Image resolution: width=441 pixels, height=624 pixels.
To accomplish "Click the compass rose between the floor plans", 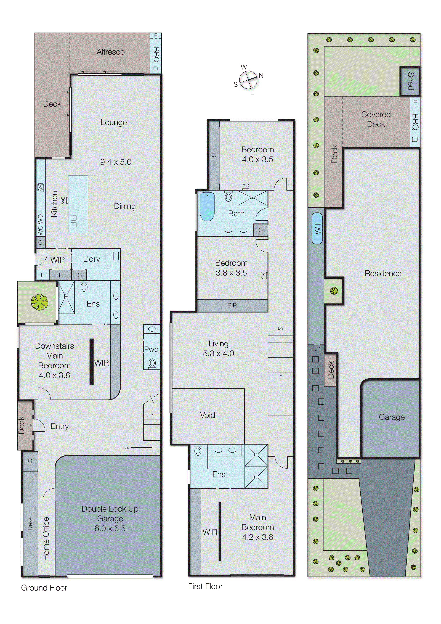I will (x=248, y=80).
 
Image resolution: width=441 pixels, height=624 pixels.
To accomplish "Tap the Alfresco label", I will (x=111, y=52).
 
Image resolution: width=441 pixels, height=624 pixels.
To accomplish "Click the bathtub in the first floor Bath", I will (x=207, y=206).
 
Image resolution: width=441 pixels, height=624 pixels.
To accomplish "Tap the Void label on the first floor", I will (x=207, y=415).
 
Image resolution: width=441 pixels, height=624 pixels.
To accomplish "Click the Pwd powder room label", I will (x=151, y=349).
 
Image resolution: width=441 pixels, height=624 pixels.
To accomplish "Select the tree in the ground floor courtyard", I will (x=40, y=302).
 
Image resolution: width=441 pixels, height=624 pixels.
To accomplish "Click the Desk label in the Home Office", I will (x=30, y=523).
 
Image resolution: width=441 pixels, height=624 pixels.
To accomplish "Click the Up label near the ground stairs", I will (x=127, y=447).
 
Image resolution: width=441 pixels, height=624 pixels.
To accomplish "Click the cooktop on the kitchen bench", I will (x=41, y=187).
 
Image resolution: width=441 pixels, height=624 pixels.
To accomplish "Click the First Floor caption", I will (x=205, y=586).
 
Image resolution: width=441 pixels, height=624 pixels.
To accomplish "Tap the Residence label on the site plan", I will (x=383, y=273).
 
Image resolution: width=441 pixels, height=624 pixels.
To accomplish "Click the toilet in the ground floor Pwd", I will (x=152, y=363).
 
